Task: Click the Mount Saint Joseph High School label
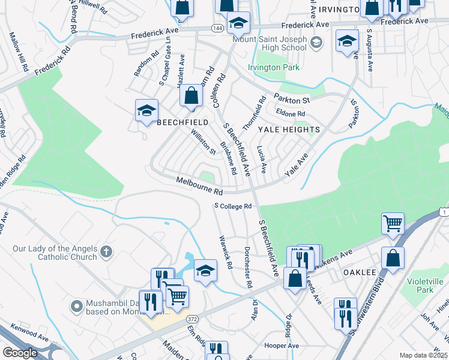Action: pyautogui.click(x=270, y=43)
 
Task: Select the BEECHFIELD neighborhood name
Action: pyautogui.click(x=182, y=122)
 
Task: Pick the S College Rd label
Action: pyautogui.click(x=233, y=206)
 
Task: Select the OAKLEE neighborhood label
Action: pyautogui.click(x=359, y=272)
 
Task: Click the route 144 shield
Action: pyautogui.click(x=217, y=28)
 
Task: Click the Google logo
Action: pyautogui.click(x=20, y=353)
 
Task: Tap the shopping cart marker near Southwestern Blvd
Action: pyautogui.click(x=393, y=224)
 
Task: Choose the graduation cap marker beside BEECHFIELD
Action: pyautogui.click(x=146, y=110)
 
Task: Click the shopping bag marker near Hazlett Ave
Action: pyautogui.click(x=191, y=95)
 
